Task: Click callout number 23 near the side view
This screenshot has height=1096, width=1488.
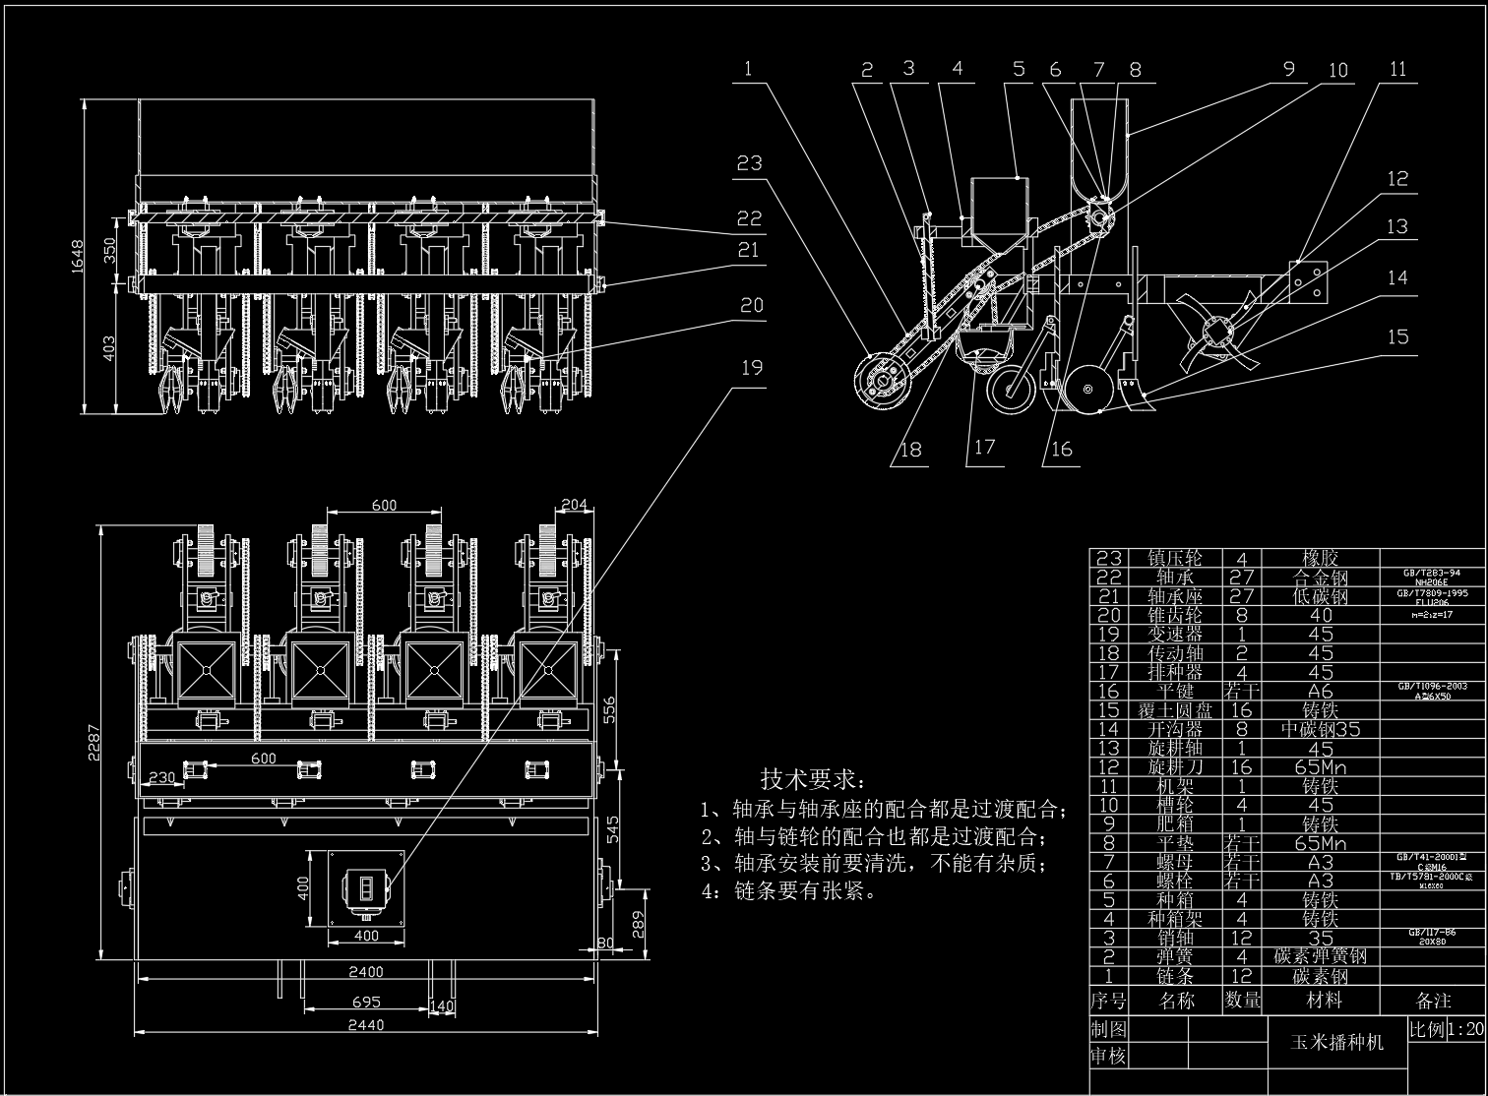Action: [x=750, y=162]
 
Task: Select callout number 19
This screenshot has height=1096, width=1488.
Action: [x=752, y=368]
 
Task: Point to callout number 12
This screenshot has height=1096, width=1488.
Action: [x=1398, y=179]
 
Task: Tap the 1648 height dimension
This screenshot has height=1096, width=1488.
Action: [x=84, y=256]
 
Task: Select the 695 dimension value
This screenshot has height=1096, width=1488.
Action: [x=365, y=1002]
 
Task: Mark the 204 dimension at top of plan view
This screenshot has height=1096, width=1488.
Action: [x=574, y=505]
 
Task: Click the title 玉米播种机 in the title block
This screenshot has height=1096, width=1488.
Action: [x=1335, y=1042]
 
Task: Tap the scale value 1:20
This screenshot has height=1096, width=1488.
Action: [x=1465, y=1029]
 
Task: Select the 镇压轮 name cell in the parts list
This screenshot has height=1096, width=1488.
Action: [x=1176, y=559]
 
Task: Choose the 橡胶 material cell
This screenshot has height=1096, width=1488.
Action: [x=1322, y=559]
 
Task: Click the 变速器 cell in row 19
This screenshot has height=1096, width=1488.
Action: [x=1176, y=635]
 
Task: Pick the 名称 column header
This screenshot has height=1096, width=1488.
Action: [x=1176, y=1001]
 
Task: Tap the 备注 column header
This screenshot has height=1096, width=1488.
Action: [x=1433, y=1001]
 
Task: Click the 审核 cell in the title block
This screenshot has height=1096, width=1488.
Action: [x=1108, y=1056]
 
